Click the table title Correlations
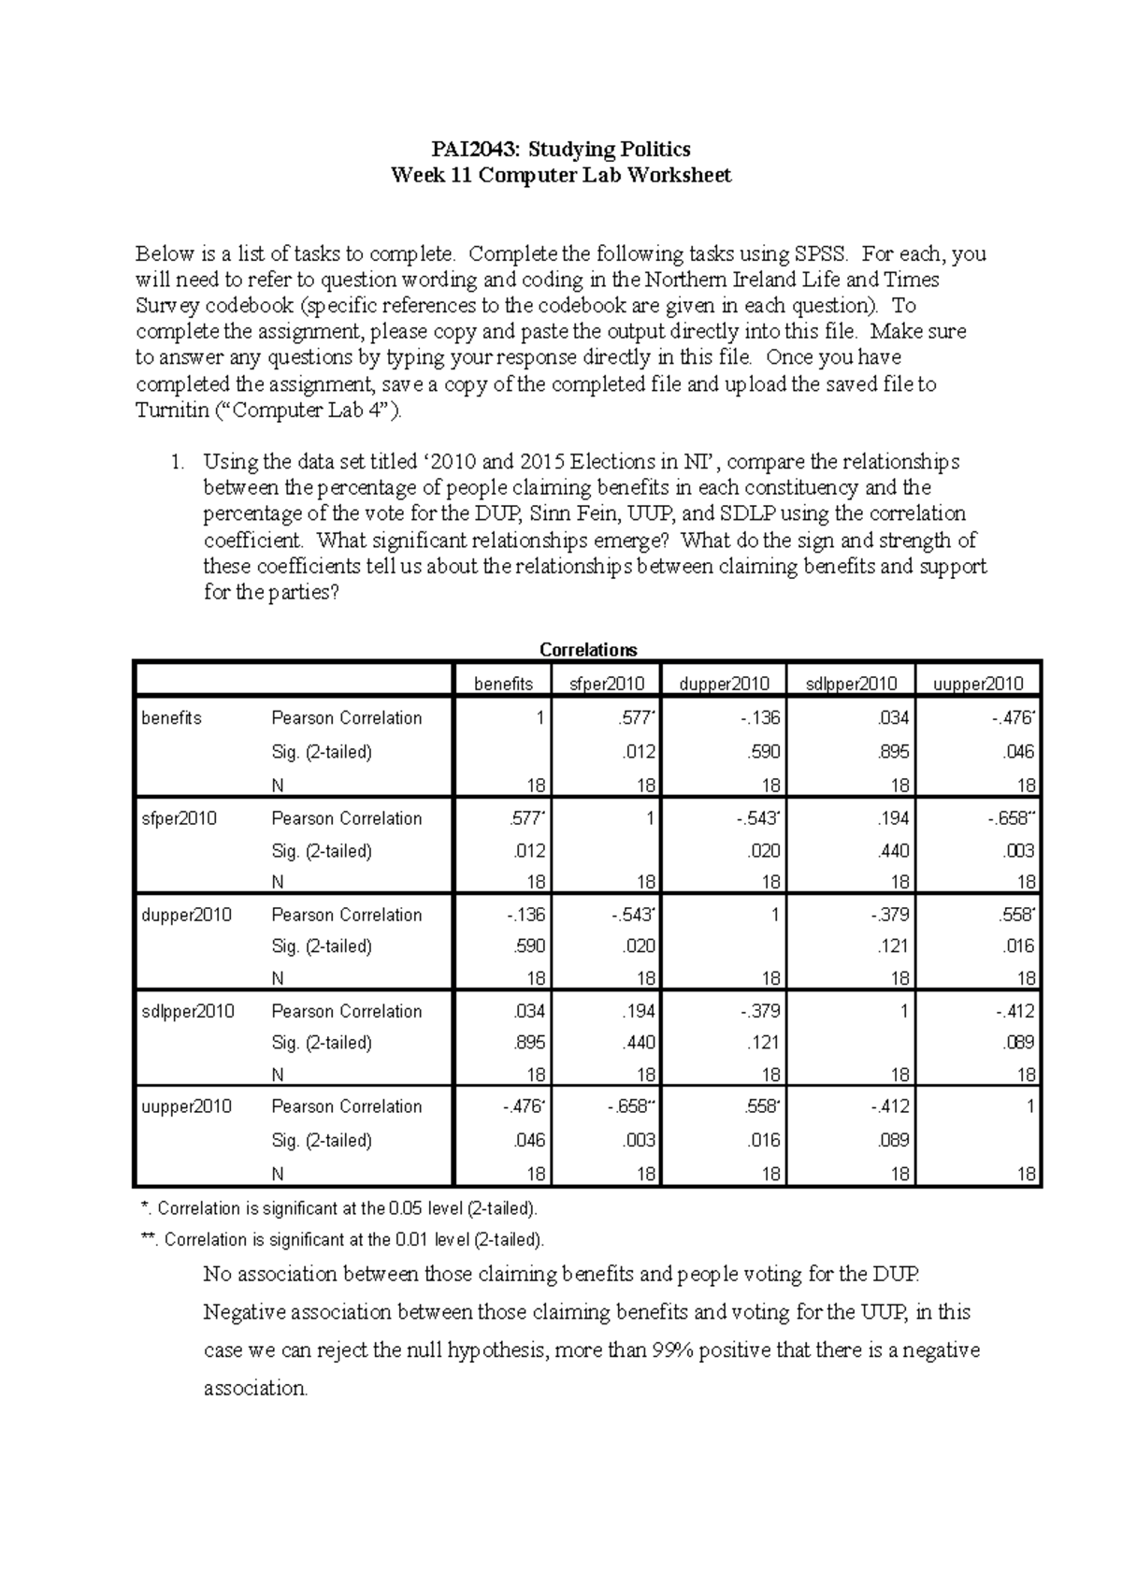pyautogui.click(x=588, y=649)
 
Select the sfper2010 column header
pyautogui.click(x=607, y=684)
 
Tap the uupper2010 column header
pyautogui.click(x=978, y=684)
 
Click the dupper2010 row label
pyautogui.click(x=186, y=915)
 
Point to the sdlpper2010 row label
pyautogui.click(x=188, y=1011)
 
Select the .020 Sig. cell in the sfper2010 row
pyautogui.click(x=765, y=851)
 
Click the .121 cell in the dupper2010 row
pyautogui.click(x=894, y=946)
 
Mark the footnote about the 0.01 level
pyautogui.click(x=341, y=1240)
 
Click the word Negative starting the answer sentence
pyautogui.click(x=242, y=1312)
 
